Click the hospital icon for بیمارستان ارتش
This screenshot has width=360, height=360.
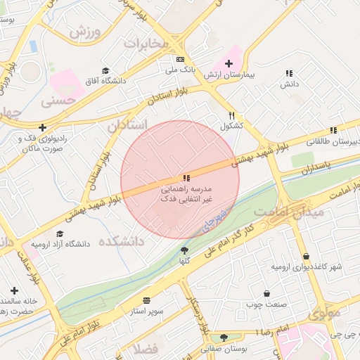(229, 63)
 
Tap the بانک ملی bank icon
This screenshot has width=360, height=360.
(181, 59)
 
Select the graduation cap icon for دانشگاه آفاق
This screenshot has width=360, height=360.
(105, 70)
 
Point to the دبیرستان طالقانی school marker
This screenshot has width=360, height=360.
(333, 130)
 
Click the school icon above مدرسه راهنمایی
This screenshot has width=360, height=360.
(186, 179)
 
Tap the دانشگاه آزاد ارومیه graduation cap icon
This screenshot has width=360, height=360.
(60, 233)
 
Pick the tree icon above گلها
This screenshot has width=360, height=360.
(185, 250)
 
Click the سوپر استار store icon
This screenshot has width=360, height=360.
(146, 300)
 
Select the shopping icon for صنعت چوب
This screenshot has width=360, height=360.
(266, 293)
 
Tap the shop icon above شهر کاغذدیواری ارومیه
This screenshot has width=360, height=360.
(306, 256)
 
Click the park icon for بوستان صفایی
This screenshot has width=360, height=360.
(224, 337)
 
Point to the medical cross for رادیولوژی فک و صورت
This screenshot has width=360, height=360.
(43, 127)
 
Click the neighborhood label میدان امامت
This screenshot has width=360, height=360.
(290, 211)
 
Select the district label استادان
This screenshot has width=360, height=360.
(127, 125)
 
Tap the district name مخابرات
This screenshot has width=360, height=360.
(147, 44)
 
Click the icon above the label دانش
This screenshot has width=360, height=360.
(289, 73)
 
